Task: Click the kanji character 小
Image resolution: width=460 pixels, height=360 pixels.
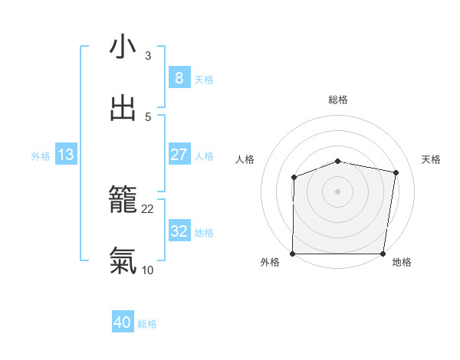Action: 123,47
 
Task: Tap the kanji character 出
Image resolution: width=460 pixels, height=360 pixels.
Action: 123,108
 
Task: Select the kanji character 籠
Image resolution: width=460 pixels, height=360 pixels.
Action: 123,200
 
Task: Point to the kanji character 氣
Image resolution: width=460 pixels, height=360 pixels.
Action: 123,261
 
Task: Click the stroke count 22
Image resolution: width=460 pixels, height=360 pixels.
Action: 148,208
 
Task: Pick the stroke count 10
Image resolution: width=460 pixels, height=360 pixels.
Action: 148,269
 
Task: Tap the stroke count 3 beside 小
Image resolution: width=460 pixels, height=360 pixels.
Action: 148,55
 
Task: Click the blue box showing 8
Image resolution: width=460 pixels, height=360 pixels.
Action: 179,78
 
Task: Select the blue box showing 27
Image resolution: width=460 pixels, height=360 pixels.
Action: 179,155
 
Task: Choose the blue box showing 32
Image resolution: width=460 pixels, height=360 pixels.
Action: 179,231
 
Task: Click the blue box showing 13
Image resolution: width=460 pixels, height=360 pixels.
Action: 66,155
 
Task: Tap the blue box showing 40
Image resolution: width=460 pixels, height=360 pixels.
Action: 123,323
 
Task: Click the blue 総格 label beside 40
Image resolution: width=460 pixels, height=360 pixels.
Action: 147,325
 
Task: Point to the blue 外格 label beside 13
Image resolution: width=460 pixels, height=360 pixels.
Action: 41,156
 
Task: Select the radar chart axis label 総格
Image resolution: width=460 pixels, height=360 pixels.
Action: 338,100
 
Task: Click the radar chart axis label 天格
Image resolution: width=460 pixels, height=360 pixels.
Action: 432,159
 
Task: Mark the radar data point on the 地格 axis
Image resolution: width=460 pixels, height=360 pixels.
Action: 383,254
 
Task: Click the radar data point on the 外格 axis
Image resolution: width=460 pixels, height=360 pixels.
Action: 293,254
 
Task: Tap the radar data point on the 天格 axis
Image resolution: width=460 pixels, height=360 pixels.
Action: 396,173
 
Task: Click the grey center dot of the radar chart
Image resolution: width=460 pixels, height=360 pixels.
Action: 338,191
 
